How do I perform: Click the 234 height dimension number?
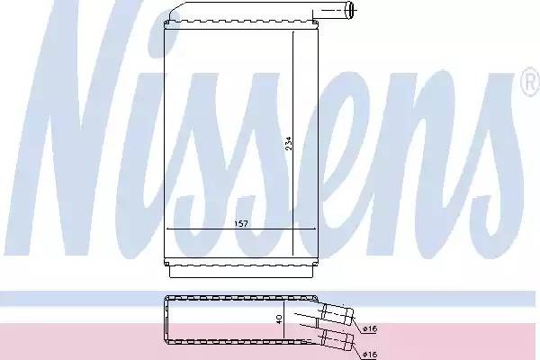point(289,143)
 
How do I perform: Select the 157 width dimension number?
point(241,224)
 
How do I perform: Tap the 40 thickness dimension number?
point(279,319)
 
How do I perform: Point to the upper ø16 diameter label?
point(370,329)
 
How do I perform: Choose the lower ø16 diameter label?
point(370,354)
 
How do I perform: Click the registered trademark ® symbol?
point(530,82)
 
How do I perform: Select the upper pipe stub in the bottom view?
point(337,314)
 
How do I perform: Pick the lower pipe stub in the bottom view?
point(337,338)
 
